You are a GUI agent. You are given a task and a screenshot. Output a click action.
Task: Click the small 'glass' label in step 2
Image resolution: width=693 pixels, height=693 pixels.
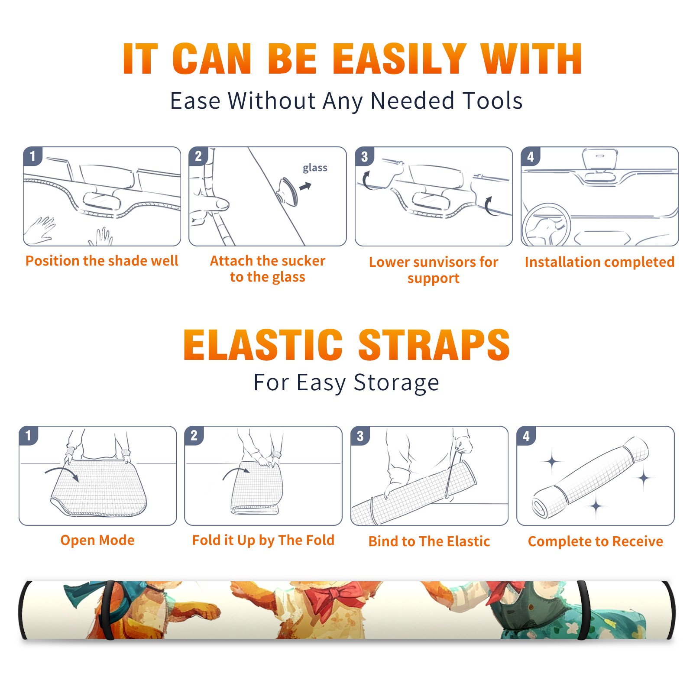click(x=315, y=168)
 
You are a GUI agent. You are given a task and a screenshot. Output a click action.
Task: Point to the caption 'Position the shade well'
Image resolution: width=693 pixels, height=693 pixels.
click(x=102, y=261)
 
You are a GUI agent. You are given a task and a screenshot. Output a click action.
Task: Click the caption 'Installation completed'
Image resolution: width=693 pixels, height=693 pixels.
click(x=599, y=262)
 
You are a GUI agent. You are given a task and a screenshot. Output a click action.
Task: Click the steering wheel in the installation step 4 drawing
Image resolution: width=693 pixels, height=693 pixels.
click(x=546, y=225)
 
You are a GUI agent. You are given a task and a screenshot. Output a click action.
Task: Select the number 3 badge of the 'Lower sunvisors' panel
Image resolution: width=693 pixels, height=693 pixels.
click(x=364, y=156)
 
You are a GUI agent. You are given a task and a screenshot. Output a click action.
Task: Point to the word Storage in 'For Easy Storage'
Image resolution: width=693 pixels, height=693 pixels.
click(x=396, y=382)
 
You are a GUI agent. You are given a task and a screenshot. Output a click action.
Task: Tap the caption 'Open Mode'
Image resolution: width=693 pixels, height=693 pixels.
click(x=97, y=540)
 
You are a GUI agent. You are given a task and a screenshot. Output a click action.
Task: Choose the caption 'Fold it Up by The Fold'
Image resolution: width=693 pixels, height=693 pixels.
click(x=263, y=540)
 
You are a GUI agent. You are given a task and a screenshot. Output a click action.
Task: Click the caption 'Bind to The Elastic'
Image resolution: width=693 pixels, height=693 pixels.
click(x=429, y=541)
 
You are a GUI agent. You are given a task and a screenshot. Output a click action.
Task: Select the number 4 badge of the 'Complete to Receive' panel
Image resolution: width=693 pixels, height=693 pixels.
click(x=526, y=436)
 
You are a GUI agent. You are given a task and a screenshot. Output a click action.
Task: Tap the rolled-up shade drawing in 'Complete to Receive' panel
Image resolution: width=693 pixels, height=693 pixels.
click(x=590, y=477)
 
